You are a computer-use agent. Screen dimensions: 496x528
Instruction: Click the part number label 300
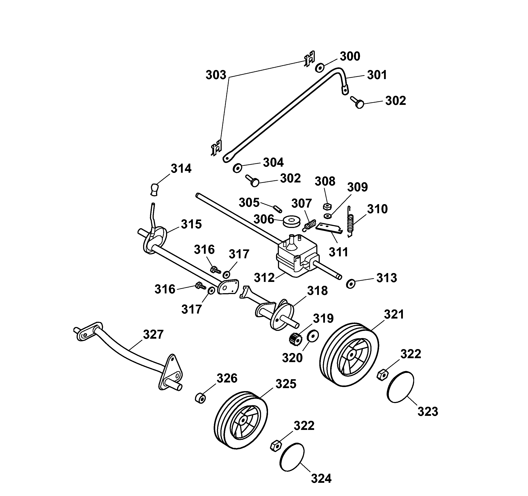(x=350, y=57)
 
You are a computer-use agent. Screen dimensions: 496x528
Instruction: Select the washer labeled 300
(x=320, y=68)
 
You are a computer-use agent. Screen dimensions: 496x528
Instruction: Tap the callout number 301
(x=377, y=75)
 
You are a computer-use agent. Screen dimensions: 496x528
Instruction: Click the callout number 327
(x=153, y=334)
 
